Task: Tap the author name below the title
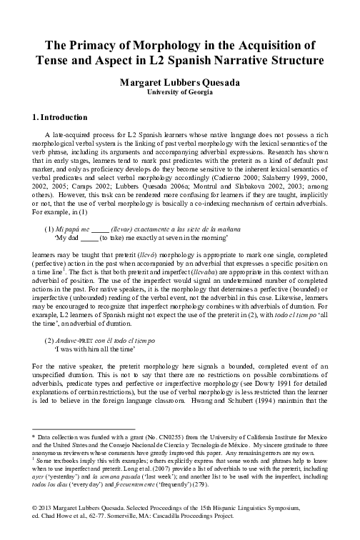click(x=179, y=82)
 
